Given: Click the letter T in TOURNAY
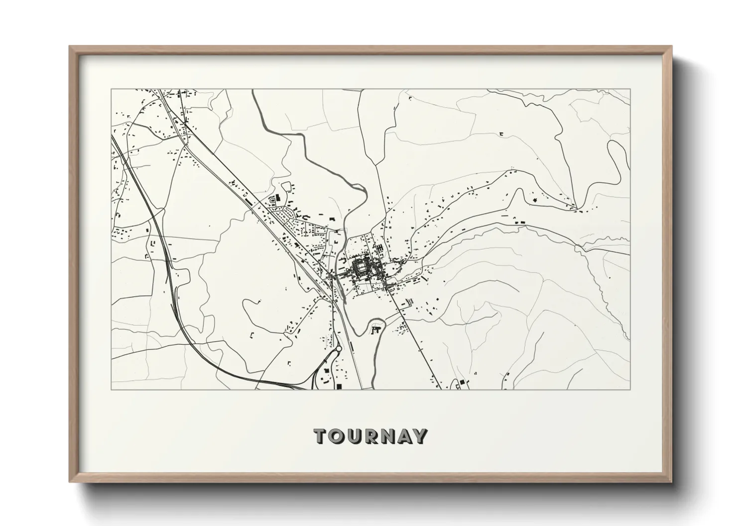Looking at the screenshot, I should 320,437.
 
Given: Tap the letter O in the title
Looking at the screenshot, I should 336,437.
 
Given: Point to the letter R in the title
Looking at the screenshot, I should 370,437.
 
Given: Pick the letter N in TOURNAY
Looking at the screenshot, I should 387,437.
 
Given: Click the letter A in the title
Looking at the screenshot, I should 404,437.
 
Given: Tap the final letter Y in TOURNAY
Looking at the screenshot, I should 420,437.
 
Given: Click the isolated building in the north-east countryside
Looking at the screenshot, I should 501,134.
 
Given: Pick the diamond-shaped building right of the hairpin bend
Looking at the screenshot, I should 535,200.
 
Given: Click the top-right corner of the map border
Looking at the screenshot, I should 629,89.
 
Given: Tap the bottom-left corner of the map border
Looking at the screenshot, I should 111,389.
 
